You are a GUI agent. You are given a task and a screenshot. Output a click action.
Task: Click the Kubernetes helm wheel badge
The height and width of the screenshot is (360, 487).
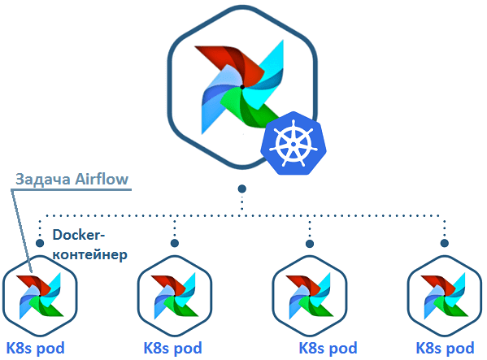click(293, 144)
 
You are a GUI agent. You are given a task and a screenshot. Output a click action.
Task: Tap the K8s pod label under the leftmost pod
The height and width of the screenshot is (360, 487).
click(35, 348)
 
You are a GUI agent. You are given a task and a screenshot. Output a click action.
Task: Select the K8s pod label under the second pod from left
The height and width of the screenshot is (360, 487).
click(172, 348)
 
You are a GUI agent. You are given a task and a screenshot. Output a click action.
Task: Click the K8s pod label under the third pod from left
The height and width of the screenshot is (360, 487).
click(328, 348)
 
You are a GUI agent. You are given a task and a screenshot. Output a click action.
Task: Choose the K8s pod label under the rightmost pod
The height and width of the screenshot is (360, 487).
click(446, 348)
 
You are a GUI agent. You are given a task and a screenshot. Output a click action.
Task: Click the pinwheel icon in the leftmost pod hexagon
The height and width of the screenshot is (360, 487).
click(40, 295)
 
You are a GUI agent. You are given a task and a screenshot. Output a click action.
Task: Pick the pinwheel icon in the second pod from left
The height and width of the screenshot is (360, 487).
click(174, 295)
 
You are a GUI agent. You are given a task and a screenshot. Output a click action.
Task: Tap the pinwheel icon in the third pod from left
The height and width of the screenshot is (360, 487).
click(309, 295)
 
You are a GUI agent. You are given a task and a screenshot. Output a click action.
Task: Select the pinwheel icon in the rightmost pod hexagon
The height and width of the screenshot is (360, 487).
click(443, 295)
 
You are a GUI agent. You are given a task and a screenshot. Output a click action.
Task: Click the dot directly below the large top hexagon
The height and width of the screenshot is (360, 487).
click(241, 189)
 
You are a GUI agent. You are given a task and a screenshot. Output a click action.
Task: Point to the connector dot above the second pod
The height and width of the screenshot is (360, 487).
click(174, 242)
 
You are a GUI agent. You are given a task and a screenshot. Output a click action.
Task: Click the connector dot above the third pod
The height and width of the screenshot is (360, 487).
click(309, 242)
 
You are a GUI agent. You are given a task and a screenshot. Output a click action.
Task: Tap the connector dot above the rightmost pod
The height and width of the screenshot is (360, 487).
click(443, 242)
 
